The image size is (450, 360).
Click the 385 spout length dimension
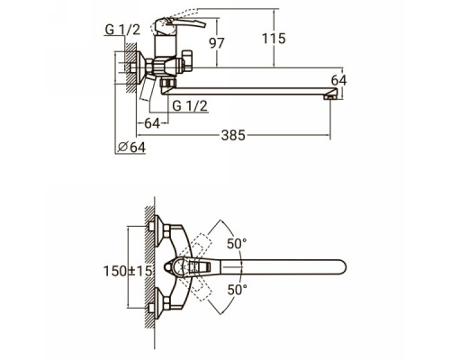coord(233,135)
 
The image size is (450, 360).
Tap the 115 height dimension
coord(274,39)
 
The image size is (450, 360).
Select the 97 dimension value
coord(217,43)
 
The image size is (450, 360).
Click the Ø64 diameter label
coord(131,147)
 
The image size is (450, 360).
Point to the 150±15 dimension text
coord(128,271)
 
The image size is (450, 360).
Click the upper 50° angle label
coord(237,243)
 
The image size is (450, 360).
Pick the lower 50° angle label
coord(237,290)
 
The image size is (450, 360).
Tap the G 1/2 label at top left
coord(122,30)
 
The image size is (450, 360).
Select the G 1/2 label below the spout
coord(190,106)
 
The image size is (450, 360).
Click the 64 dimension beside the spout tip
coord(338,80)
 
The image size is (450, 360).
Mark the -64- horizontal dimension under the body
coord(152,123)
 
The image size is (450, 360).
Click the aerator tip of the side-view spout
coord(328,97)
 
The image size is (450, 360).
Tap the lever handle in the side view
coord(180,24)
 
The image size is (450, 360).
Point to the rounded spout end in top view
coord(340,267)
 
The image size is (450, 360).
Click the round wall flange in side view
coord(140,67)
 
